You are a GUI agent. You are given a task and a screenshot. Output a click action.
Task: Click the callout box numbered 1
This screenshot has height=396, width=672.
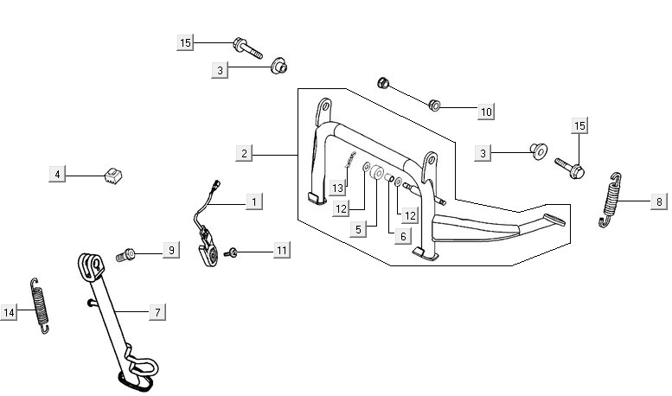(x=253, y=201)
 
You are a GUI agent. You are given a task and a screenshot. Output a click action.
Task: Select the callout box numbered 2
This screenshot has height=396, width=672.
(x=245, y=154)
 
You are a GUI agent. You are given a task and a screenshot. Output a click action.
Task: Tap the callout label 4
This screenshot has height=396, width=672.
(x=57, y=175)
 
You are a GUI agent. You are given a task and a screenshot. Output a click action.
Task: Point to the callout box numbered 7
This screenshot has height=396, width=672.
(x=157, y=311)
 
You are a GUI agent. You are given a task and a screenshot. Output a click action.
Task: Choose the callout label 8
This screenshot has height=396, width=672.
(x=659, y=201)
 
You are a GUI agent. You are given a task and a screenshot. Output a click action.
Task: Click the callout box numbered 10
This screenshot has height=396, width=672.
(x=486, y=111)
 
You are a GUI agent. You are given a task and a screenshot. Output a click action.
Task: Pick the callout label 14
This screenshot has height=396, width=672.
(x=10, y=313)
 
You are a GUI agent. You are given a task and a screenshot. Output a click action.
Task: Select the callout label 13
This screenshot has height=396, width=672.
(x=338, y=188)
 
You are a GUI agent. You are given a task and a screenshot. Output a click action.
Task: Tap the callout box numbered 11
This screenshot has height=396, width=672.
(x=281, y=251)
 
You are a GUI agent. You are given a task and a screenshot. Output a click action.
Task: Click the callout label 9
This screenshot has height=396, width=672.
(x=171, y=250)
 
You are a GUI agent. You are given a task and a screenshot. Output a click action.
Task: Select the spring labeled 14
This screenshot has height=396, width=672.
(x=41, y=304)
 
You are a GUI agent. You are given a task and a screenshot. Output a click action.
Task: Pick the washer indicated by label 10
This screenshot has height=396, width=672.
(x=435, y=105)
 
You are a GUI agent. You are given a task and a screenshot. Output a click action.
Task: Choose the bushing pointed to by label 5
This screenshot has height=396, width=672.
(x=378, y=176)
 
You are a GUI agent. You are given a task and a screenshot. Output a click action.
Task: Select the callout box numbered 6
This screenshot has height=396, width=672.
(x=402, y=235)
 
